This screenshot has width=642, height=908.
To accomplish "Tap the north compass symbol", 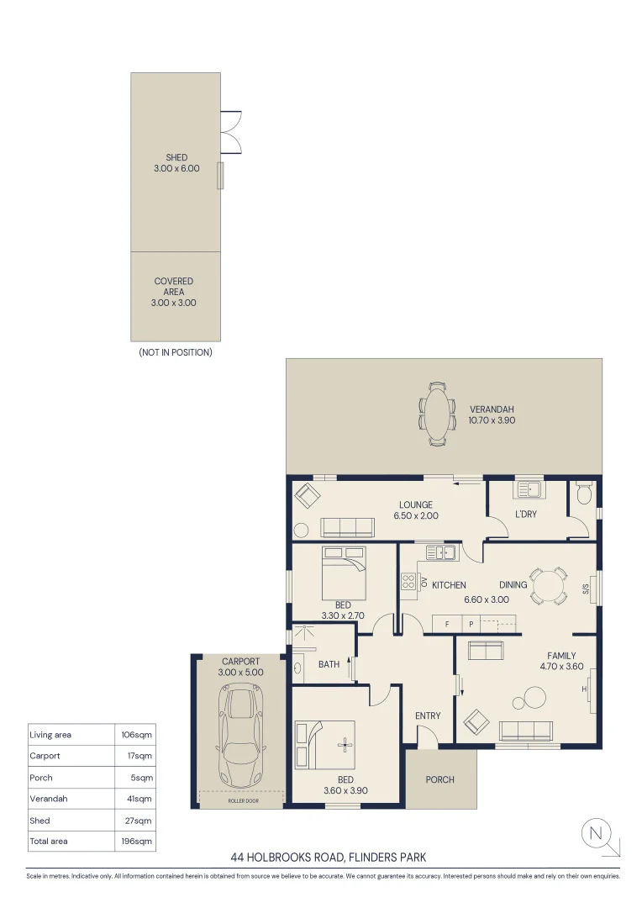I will click(x=597, y=834).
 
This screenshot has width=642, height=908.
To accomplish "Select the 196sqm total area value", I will click(x=134, y=841).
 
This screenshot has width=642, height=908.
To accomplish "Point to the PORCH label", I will click(x=439, y=779).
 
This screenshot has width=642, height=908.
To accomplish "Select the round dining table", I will click(x=549, y=585).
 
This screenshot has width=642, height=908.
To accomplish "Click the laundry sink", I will click(x=529, y=488).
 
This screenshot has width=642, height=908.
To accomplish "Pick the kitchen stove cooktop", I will click(x=409, y=583).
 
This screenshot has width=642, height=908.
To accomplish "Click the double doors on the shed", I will click(x=231, y=132).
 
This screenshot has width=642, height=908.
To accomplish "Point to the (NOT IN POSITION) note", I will click(x=176, y=352).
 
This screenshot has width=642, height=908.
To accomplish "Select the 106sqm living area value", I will click(x=134, y=735).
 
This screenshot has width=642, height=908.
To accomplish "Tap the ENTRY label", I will click(x=428, y=715).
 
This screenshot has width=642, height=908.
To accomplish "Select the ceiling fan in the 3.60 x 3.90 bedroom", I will click(x=344, y=743).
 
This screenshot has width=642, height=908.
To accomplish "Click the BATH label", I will click(x=329, y=664).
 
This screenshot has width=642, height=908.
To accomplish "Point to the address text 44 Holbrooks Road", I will click(x=329, y=858).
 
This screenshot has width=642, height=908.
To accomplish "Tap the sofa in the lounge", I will click(x=347, y=527).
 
